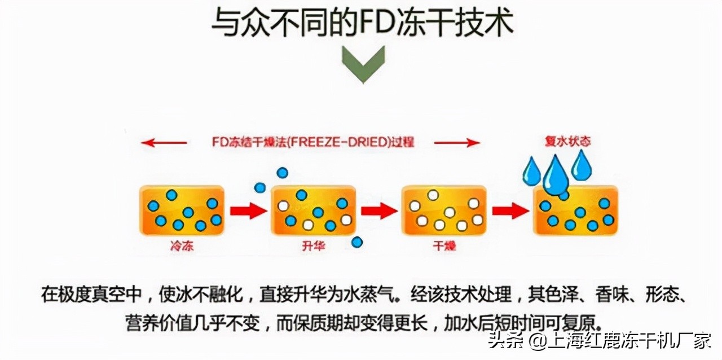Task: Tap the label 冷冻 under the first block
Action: click(182, 247)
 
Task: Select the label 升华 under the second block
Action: click(314, 247)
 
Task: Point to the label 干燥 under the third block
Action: click(444, 247)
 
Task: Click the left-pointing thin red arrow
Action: click(164, 143)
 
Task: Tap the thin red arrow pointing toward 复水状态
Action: click(464, 143)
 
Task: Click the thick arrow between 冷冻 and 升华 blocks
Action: click(248, 210)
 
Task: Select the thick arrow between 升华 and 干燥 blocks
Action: click(379, 210)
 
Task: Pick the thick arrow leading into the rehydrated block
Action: click(510, 210)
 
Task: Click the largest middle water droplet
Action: click(556, 175)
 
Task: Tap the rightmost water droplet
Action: click(582, 164)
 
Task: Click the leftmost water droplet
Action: click(531, 171)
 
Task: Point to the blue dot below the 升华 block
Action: click(357, 242)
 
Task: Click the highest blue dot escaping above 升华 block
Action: click(283, 173)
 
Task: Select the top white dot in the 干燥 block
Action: click(433, 195)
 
